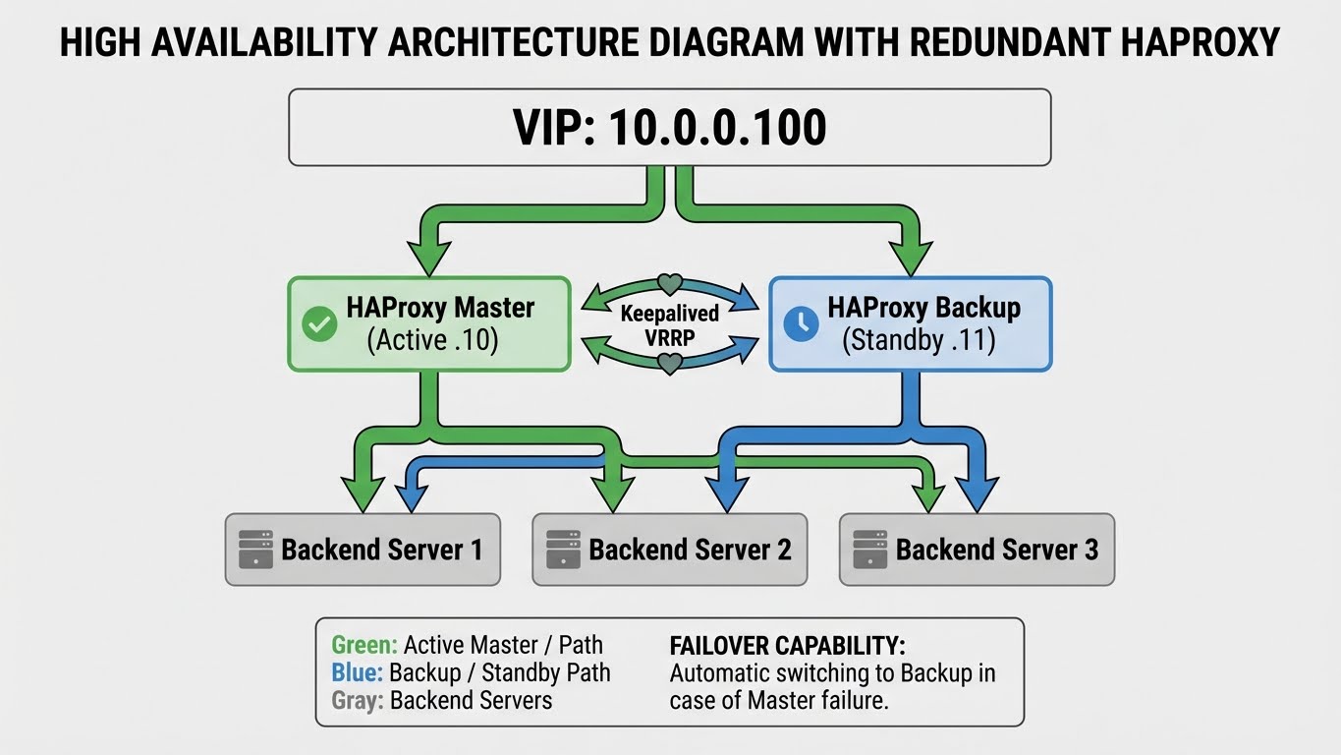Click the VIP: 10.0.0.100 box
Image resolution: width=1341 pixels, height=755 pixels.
tap(669, 128)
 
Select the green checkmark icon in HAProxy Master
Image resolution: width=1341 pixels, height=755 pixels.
tap(319, 323)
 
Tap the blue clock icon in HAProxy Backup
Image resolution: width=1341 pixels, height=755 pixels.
tap(801, 323)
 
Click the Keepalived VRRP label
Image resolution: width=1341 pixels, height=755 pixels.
tap(669, 323)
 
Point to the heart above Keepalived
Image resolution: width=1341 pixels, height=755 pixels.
tap(669, 284)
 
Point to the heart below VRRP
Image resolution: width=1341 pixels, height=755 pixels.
tap(669, 364)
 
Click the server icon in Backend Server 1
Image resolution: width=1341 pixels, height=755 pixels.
tap(255, 549)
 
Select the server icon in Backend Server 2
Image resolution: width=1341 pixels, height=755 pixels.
tap(563, 549)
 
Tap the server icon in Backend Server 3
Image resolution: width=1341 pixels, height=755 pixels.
tap(869, 549)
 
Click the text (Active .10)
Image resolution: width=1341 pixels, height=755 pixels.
tap(432, 341)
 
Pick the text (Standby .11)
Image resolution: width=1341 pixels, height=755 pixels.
tap(919, 341)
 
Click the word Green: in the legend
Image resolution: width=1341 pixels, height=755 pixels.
tap(364, 645)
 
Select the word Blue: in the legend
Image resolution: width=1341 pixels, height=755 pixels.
tap(358, 673)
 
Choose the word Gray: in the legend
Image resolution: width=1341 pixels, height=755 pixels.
tap(359, 701)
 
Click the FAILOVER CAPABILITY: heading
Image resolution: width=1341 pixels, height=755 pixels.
tap(787, 646)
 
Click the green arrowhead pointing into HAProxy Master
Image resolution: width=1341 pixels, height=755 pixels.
tap(428, 259)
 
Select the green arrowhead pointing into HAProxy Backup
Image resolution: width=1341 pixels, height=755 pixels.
tap(910, 259)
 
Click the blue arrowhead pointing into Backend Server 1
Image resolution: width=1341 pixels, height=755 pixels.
tap(411, 494)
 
